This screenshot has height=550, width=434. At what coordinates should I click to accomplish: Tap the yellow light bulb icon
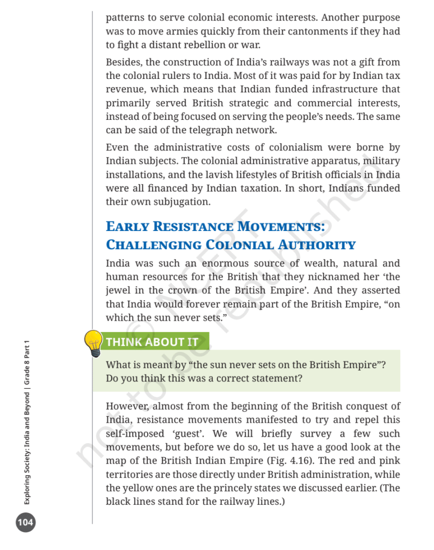click(93, 343)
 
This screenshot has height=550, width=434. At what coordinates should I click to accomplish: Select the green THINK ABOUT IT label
click(153, 342)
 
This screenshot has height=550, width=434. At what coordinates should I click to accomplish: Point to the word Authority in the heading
click(322, 245)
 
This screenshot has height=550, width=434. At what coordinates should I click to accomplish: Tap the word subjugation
click(179, 202)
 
